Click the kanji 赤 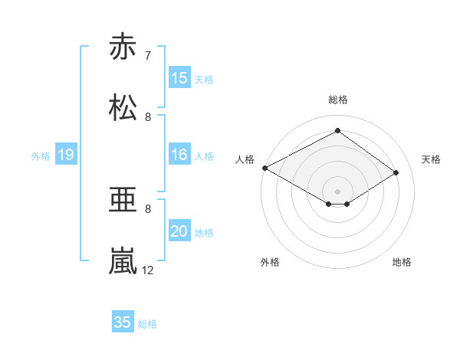(123, 47)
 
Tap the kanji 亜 (123, 201)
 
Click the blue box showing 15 (179, 78)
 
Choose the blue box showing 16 (179, 155)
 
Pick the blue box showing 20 (179, 231)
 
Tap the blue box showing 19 (65, 155)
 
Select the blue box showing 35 (123, 322)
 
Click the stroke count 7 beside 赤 (148, 56)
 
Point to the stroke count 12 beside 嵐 (149, 270)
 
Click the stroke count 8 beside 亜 (148, 208)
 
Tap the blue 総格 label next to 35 (147, 324)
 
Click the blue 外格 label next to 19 (41, 156)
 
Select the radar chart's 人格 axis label (245, 159)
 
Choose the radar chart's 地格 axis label (402, 262)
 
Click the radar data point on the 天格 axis (396, 172)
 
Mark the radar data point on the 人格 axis (264, 167)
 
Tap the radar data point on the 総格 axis (337, 131)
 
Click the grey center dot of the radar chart (337, 191)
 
